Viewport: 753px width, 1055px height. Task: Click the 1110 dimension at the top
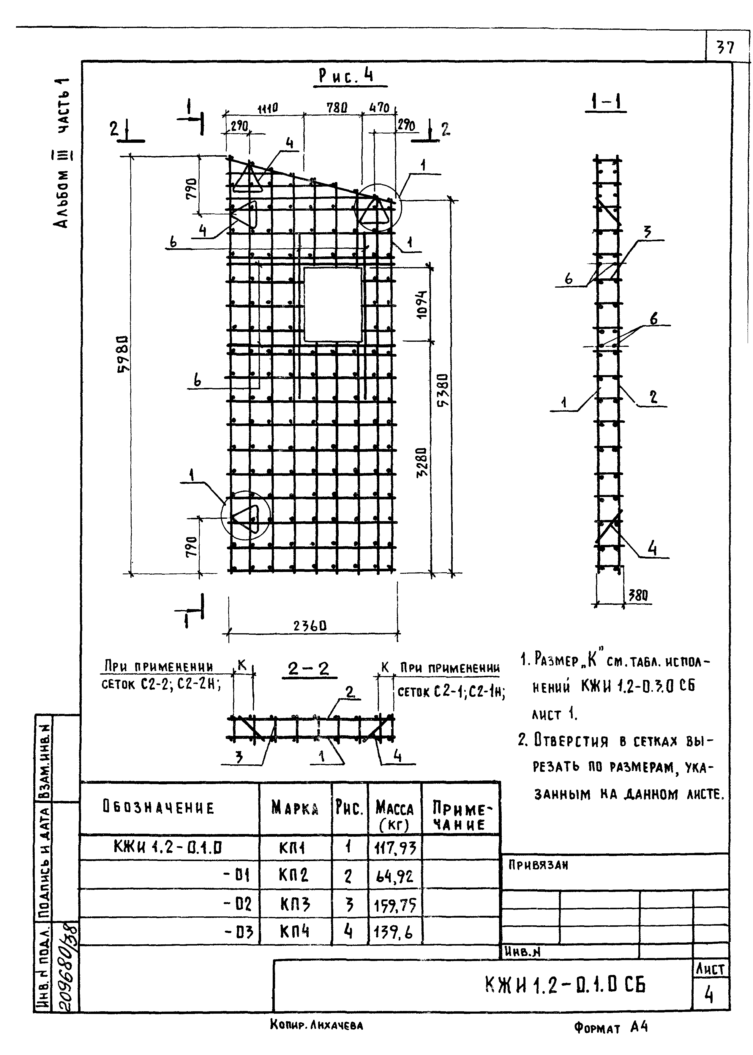[268, 109]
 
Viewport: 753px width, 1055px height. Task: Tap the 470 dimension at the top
[379, 108]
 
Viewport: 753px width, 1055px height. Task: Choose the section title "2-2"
[308, 669]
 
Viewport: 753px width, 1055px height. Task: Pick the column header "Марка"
[295, 808]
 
